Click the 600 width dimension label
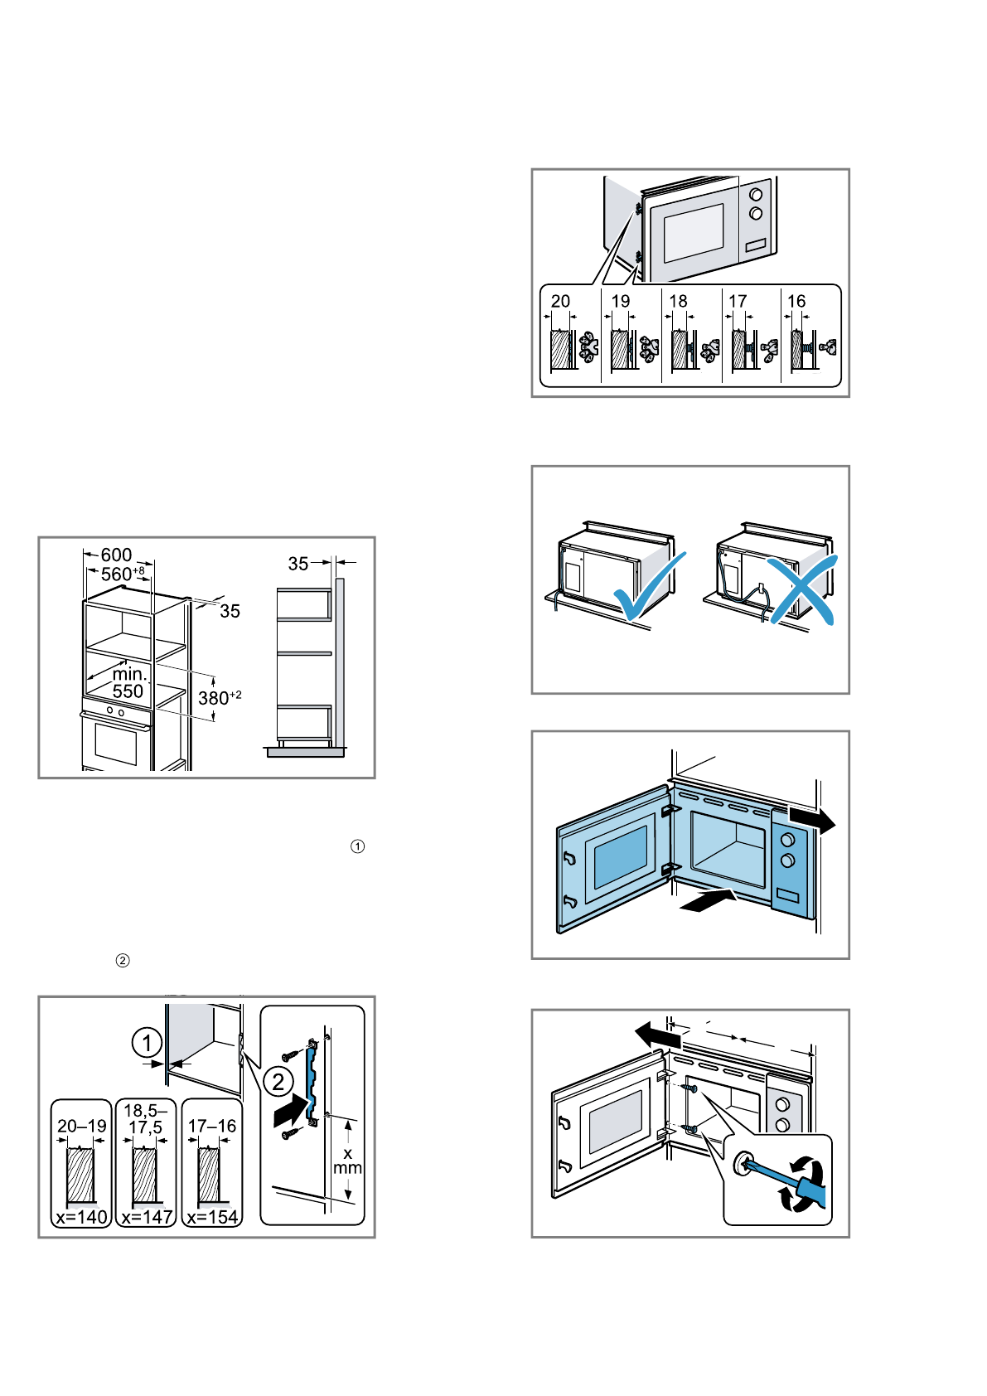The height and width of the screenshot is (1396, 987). [116, 555]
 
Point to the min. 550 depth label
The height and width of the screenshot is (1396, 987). [128, 683]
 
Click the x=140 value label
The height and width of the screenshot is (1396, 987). [81, 1217]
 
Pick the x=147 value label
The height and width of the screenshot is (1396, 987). [147, 1217]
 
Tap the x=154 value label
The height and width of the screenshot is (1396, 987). [212, 1217]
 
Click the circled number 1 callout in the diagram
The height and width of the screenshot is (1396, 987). [147, 1042]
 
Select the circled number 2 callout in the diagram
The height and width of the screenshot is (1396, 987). [278, 1081]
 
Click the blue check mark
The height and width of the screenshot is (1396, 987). [650, 589]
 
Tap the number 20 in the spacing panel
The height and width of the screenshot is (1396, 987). [560, 301]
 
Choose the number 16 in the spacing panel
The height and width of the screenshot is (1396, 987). [796, 301]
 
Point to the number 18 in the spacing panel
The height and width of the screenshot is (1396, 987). [678, 301]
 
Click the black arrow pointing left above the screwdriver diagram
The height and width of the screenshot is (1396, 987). [658, 1035]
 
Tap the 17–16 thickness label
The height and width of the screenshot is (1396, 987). [212, 1126]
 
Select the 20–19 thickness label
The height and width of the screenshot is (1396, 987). [81, 1126]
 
